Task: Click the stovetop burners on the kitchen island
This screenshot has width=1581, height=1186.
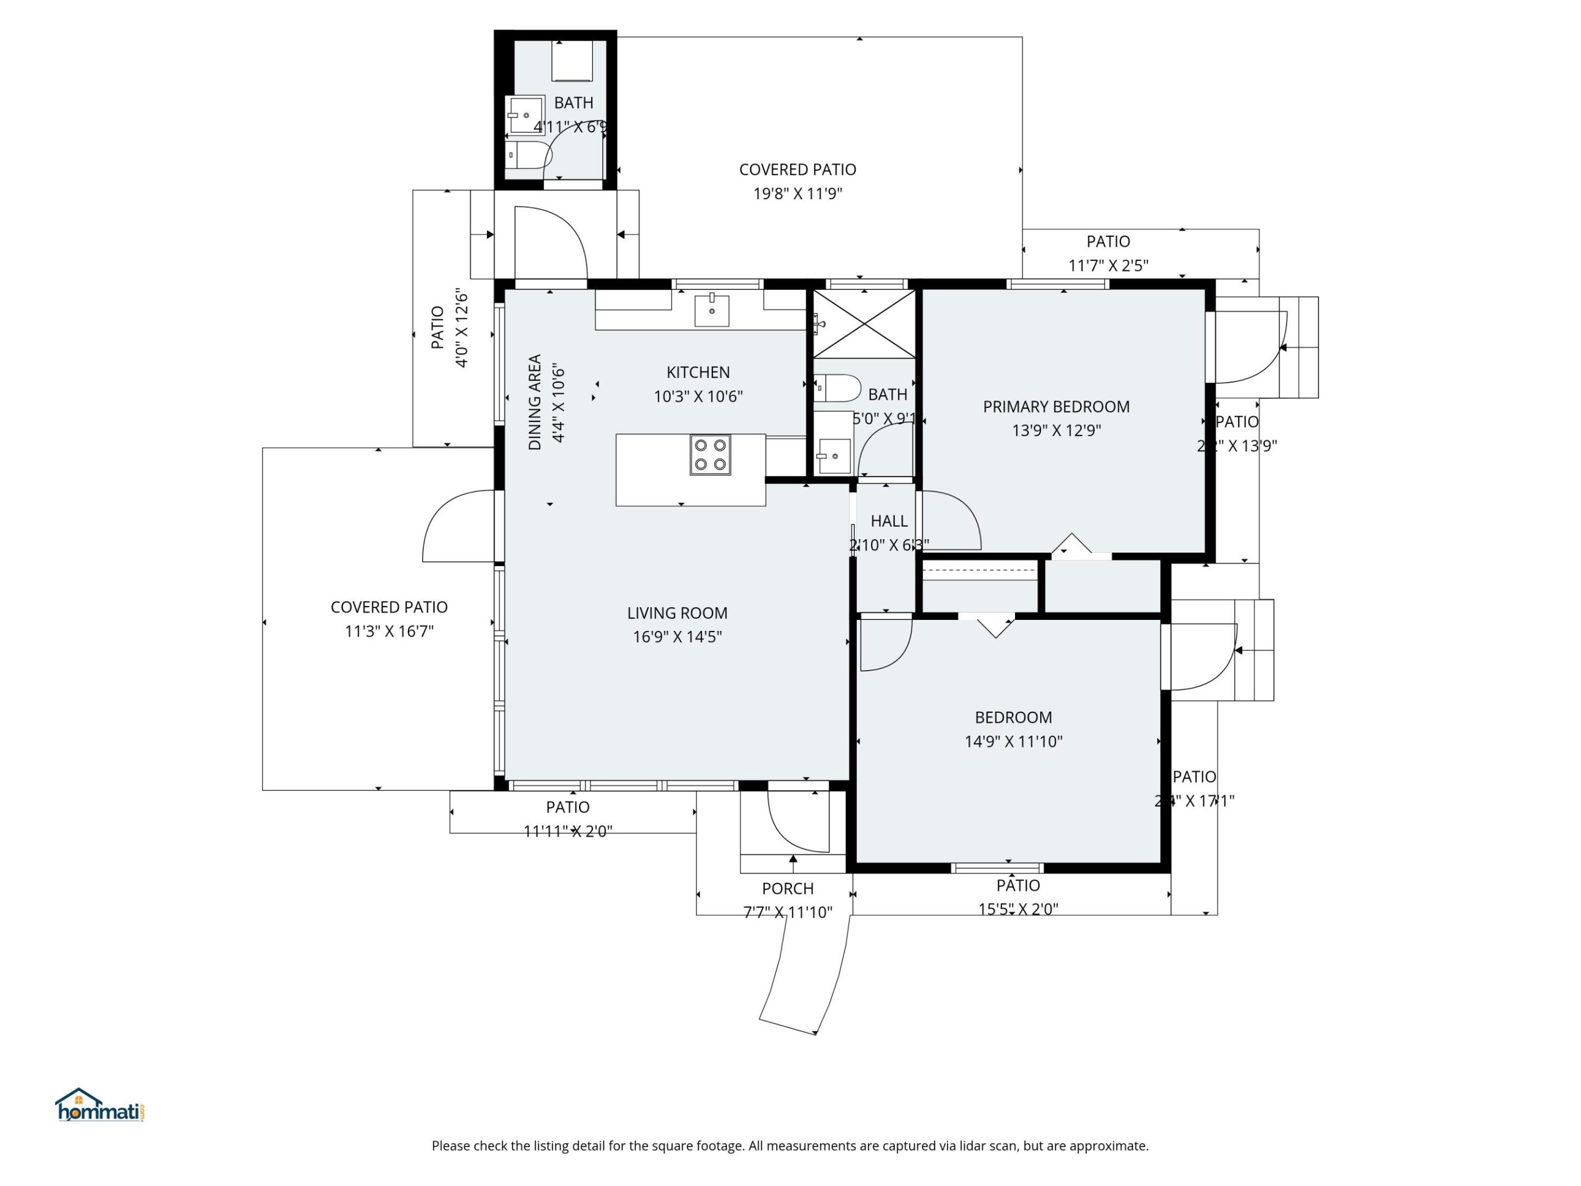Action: click(x=710, y=455)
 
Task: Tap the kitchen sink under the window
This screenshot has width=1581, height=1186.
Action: click(x=712, y=310)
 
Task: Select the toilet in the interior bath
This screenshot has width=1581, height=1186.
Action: click(x=838, y=388)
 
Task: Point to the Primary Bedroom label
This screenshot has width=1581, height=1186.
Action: click(x=1056, y=407)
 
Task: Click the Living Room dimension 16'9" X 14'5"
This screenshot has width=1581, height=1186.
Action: click(x=677, y=636)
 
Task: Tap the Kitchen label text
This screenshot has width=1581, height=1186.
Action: click(x=698, y=372)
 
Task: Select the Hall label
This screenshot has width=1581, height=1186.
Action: click(x=888, y=521)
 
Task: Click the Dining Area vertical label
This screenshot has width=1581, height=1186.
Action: click(x=535, y=402)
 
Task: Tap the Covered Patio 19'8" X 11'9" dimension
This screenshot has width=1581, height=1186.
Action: click(x=798, y=194)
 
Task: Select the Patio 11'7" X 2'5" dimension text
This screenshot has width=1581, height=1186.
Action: click(x=1108, y=266)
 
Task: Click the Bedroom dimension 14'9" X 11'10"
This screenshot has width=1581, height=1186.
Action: click(x=1013, y=741)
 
